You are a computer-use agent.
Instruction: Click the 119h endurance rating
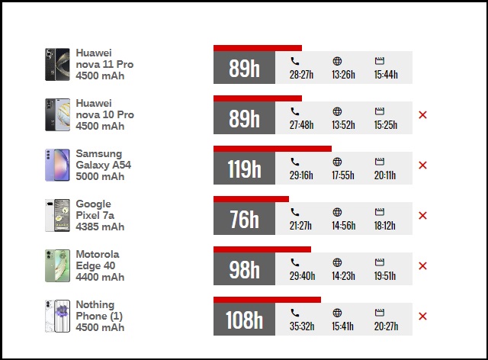[x=244, y=169]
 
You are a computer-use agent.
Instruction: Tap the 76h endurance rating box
[x=244, y=220]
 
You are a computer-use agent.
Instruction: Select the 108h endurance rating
[x=244, y=320]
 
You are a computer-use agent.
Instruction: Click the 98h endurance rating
[x=244, y=269]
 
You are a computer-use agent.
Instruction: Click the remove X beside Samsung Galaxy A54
[x=423, y=165]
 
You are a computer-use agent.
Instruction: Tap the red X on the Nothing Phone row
[x=423, y=316]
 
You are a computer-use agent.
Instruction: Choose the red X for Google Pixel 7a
[x=423, y=215]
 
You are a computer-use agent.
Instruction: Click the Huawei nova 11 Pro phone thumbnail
[x=57, y=64]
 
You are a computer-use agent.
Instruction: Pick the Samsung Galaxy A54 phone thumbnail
[x=57, y=165]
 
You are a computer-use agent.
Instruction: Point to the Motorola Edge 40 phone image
[x=57, y=265]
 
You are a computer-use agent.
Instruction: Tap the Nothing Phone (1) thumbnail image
[x=57, y=316]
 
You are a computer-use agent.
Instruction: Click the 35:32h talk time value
[x=302, y=326]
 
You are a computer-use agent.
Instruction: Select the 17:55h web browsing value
[x=343, y=175]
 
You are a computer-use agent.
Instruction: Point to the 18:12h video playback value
[x=385, y=226]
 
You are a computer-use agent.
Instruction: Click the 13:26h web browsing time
[x=343, y=75]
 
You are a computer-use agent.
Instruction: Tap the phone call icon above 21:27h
[x=295, y=212]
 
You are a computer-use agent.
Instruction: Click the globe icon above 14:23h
[x=337, y=262]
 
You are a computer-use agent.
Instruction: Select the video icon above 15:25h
[x=379, y=111]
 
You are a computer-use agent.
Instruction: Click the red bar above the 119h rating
[x=272, y=149]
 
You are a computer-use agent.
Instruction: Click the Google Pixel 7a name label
[x=94, y=210]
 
